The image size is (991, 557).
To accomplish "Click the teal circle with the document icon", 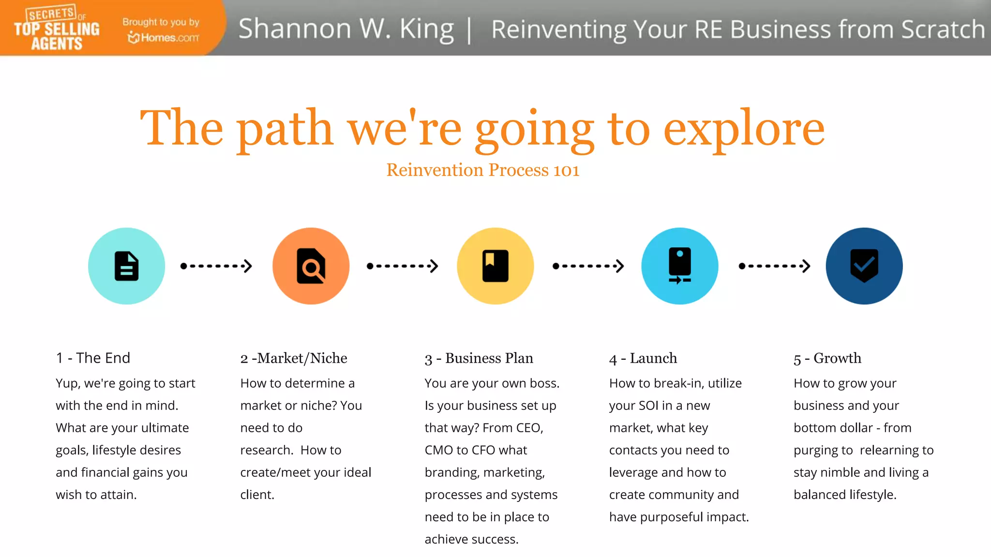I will pyautogui.click(x=126, y=266).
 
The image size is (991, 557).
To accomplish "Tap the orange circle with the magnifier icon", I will pyautogui.click(x=311, y=266).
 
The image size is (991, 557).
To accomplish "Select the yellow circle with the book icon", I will pyautogui.click(x=495, y=266).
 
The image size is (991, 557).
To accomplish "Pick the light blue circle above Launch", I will pyautogui.click(x=679, y=266).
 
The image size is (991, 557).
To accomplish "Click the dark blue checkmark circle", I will pyautogui.click(x=864, y=266).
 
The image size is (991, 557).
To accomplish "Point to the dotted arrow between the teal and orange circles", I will pyautogui.click(x=216, y=266).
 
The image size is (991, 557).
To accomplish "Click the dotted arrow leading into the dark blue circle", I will pyautogui.click(x=774, y=266).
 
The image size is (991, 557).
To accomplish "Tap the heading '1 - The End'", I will pyautogui.click(x=93, y=358).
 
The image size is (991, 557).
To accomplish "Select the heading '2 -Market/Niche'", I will pyautogui.click(x=294, y=358).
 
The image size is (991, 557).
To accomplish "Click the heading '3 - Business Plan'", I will pyautogui.click(x=479, y=358).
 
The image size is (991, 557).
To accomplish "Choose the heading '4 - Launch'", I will pyautogui.click(x=643, y=358).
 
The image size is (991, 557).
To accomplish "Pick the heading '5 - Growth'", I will pyautogui.click(x=827, y=358).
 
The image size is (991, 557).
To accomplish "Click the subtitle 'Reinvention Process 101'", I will pyautogui.click(x=482, y=170).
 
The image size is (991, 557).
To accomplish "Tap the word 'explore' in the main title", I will pyautogui.click(x=744, y=129).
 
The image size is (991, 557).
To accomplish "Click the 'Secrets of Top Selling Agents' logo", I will pyautogui.click(x=57, y=29).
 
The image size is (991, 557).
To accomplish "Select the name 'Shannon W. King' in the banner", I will pyautogui.click(x=346, y=29).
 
